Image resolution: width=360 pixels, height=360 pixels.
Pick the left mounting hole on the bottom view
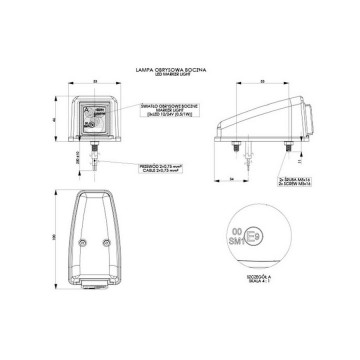pyautogui.click(x=81, y=243)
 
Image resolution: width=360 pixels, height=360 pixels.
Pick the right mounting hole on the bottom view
pyautogui.click(x=100, y=243)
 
